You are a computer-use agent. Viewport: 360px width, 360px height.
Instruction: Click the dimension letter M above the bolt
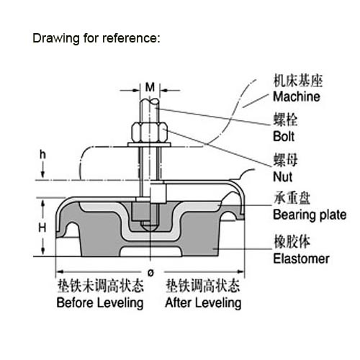pyautogui.click(x=150, y=87)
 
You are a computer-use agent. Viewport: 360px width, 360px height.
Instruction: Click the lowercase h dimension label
pyautogui.click(x=42, y=155)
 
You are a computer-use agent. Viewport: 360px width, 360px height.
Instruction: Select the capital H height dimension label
pyautogui.click(x=42, y=228)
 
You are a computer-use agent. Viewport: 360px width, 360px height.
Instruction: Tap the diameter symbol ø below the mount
pyautogui.click(x=150, y=273)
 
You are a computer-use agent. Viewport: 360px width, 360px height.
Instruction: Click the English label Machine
pyautogui.click(x=297, y=96)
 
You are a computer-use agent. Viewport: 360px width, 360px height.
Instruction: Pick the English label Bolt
pyautogui.click(x=284, y=137)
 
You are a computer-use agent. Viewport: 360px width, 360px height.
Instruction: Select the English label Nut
pyautogui.click(x=283, y=177)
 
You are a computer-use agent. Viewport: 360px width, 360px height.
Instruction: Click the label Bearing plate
pyautogui.click(x=310, y=215)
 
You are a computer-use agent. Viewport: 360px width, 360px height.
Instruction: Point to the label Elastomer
pyautogui.click(x=301, y=258)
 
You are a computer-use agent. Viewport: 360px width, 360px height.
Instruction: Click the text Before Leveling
pyautogui.click(x=100, y=302)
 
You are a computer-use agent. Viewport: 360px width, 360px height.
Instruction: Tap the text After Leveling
pyautogui.click(x=203, y=302)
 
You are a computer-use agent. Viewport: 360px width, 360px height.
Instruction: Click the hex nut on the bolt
pyautogui.click(x=149, y=132)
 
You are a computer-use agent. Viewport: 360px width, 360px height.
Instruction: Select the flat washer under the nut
pyautogui.click(x=149, y=145)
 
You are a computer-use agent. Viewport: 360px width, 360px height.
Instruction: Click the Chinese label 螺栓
pyautogui.click(x=285, y=120)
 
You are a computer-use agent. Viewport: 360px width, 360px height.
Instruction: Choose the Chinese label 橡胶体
pyautogui.click(x=292, y=241)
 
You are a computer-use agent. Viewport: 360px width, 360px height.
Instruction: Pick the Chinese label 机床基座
pyautogui.click(x=298, y=81)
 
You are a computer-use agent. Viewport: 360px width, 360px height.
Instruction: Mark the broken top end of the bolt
pyautogui.click(x=149, y=102)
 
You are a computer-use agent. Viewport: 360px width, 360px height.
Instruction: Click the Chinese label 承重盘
pyautogui.click(x=292, y=198)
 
